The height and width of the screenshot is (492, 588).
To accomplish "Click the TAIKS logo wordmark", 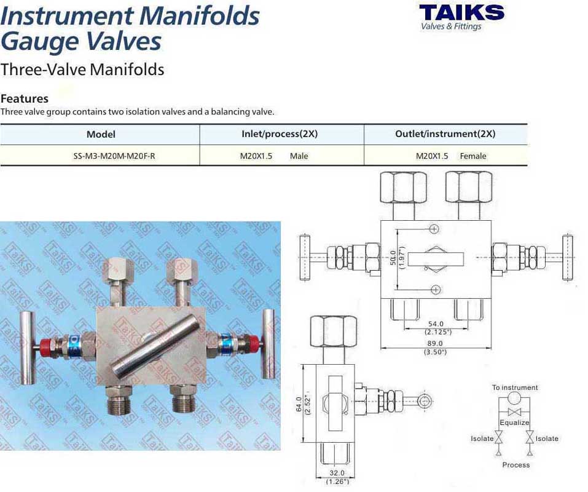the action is point(461,13).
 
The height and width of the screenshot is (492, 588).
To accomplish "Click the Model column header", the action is point(101,134).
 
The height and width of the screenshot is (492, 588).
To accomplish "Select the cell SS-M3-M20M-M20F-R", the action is point(114,156).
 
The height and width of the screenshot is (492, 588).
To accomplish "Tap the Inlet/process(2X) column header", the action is point(280,134).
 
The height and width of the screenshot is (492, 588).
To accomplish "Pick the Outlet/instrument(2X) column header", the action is point(445,134).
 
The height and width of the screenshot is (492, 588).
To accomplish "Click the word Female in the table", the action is point(473,156).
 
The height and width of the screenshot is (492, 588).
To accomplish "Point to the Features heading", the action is point(25,98).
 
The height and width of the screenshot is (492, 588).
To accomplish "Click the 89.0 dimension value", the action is point(435,343).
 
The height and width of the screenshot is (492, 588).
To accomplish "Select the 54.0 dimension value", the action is point(436,323).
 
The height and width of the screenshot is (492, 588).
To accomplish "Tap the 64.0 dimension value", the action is point(299,404).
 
